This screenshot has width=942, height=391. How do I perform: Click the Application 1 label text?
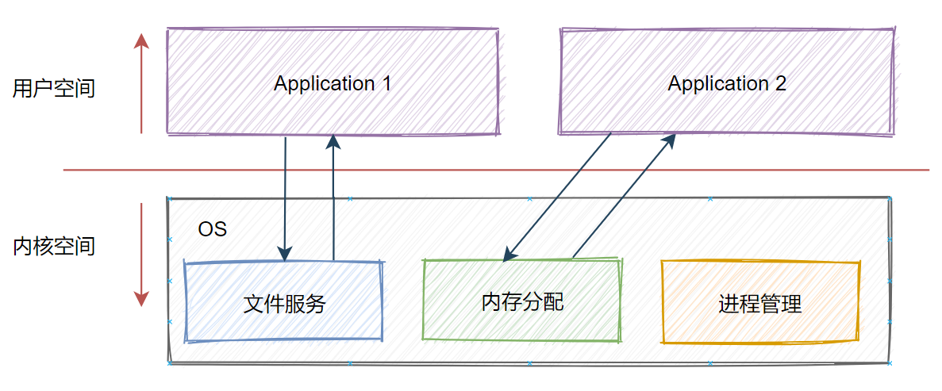(x=332, y=83)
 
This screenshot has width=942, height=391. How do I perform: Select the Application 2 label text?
(x=726, y=83)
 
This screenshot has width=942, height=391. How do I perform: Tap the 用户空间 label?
(x=54, y=88)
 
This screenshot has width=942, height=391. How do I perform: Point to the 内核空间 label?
(x=54, y=246)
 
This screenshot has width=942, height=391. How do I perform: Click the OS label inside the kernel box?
(x=212, y=229)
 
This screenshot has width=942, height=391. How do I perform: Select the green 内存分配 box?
(x=521, y=301)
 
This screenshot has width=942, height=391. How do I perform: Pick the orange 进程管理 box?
(x=759, y=302)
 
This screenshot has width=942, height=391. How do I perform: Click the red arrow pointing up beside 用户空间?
(x=141, y=83)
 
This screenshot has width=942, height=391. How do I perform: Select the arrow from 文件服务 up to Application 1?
(x=333, y=198)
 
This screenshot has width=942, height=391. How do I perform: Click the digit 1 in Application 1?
(x=386, y=83)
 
